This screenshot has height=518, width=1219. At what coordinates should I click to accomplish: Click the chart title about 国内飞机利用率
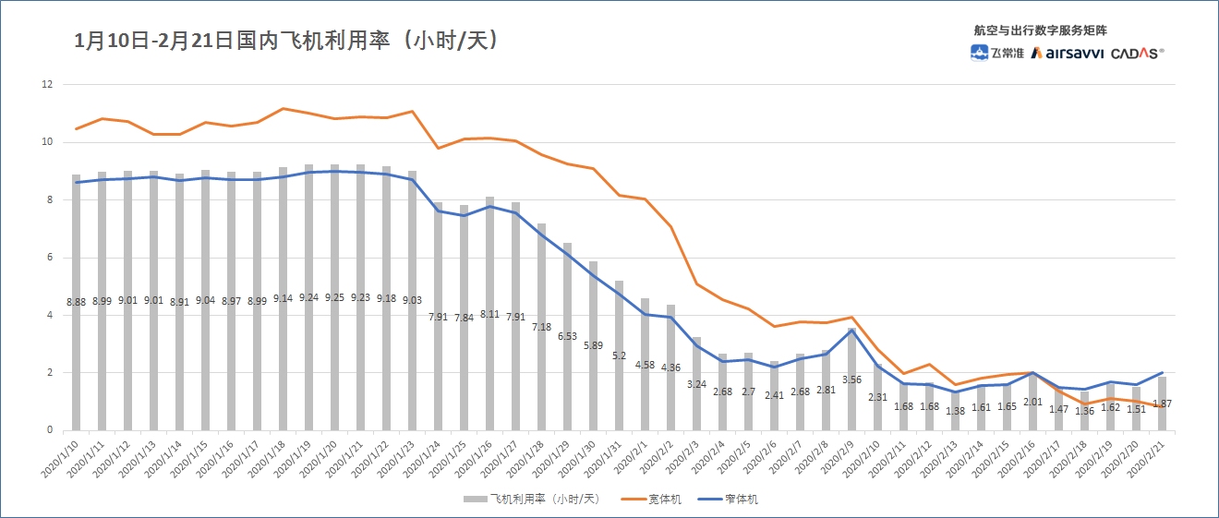click(x=287, y=41)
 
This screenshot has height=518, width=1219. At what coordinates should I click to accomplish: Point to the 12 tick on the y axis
click(x=47, y=85)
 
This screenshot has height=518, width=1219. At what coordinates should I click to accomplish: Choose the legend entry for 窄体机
click(x=730, y=500)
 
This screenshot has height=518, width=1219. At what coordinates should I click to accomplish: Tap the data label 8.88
click(x=76, y=301)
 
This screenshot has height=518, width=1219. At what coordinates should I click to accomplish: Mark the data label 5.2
click(x=620, y=355)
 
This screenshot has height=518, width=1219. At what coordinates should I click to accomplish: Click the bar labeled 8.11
click(x=490, y=369)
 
